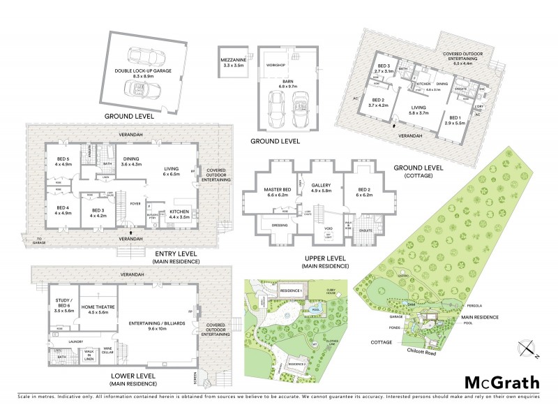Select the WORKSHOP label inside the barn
(276, 65)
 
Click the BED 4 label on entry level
(63, 209)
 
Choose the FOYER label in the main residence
(136, 203)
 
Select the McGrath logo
(502, 381)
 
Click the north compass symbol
(529, 348)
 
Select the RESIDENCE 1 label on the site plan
(291, 289)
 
